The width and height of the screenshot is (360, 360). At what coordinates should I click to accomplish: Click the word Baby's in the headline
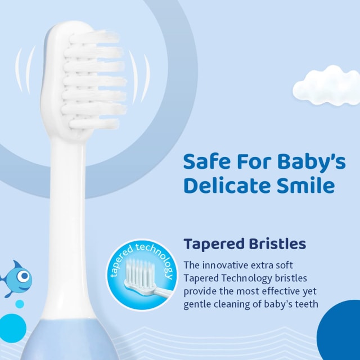315,162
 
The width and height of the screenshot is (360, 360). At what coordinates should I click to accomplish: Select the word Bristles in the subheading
278,244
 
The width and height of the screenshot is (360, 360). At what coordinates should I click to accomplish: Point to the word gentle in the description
200,304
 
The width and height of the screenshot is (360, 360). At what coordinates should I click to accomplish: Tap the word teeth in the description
306,304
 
